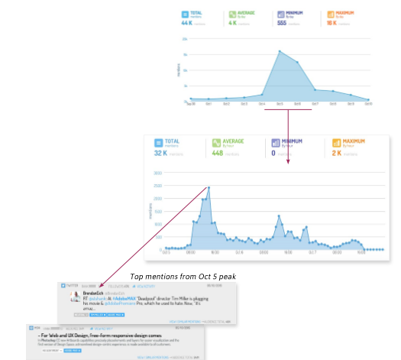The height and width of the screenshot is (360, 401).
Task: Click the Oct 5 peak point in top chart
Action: click(x=280, y=51)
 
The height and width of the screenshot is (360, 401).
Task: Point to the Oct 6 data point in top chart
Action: click(x=297, y=62)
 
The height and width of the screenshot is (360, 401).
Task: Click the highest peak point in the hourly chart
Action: click(x=209, y=187)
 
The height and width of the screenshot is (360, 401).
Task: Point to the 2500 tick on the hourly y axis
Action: click(x=157, y=186)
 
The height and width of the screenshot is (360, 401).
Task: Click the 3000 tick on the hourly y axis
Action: click(x=157, y=173)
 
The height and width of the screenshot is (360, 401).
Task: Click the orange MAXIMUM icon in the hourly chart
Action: click(x=337, y=144)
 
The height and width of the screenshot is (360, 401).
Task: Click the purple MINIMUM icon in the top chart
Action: click(x=271, y=13)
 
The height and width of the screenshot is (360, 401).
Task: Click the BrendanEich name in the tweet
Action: click(x=94, y=294)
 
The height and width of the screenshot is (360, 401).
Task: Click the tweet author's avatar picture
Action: click(x=78, y=297)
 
